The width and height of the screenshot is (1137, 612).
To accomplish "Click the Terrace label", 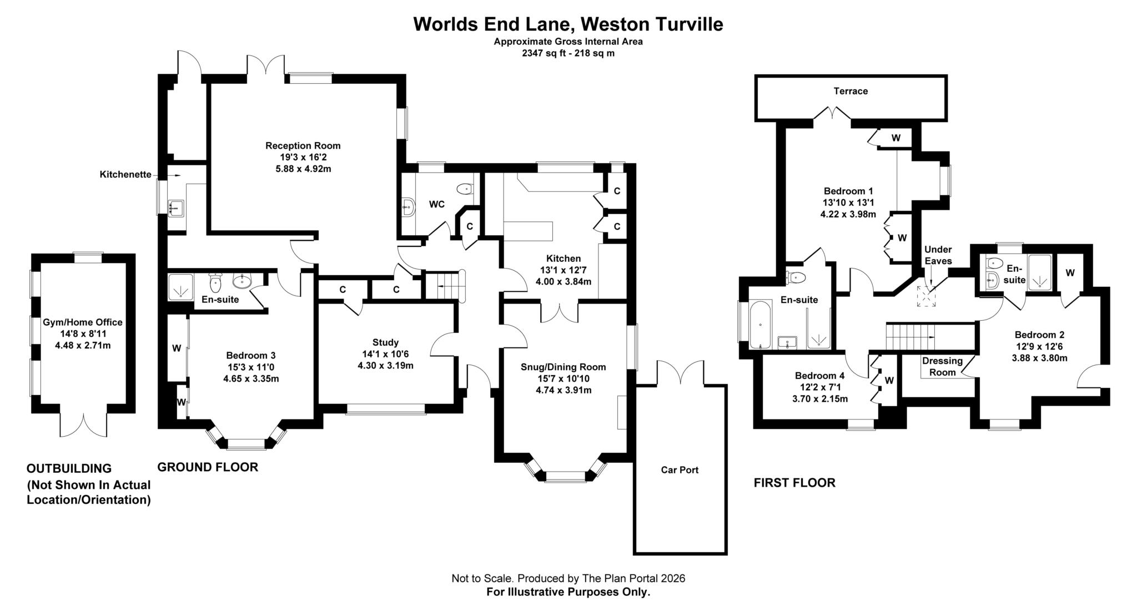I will tap(850, 91).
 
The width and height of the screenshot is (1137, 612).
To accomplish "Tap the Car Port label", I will tap(680, 470).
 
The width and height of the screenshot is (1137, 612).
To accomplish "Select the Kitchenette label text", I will tap(125, 175).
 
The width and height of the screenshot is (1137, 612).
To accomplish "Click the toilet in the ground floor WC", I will tap(465, 190).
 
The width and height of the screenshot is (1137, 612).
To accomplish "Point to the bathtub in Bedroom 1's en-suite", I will tap(759, 324).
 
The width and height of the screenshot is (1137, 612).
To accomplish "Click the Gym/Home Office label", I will tap(83, 322).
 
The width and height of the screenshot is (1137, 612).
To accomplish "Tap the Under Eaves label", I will tap(938, 255).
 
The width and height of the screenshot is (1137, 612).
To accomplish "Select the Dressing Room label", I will tap(942, 366).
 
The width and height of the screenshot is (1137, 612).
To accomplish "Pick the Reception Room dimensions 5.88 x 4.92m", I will tap(303, 169).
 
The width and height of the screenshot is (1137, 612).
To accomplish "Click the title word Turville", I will tap(690, 24).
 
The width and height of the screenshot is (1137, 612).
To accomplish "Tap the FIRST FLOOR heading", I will tap(794, 483).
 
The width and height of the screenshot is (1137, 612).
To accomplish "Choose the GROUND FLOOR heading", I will tap(208, 467).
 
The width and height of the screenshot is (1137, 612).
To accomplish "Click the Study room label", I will tap(385, 342).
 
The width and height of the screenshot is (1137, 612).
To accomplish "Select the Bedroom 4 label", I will tap(819, 376).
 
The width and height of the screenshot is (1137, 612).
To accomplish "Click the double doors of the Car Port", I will tap(681, 373).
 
